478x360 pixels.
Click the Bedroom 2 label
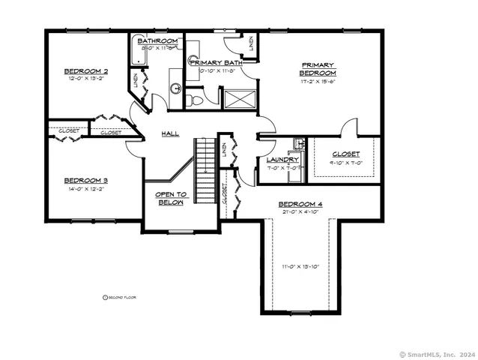pyautogui.click(x=85, y=71)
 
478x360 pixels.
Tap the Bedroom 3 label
pyautogui.click(x=85, y=180)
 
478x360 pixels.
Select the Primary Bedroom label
pyautogui.click(x=318, y=69)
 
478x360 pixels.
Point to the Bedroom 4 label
pyautogui.click(x=300, y=204)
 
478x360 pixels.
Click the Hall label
pyautogui.click(x=170, y=133)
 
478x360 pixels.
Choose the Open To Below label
pyautogui.click(x=170, y=199)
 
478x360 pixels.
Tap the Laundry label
pyautogui.click(x=283, y=160)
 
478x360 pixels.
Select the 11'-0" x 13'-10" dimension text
pyautogui.click(x=300, y=266)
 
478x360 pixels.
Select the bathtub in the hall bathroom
pyautogui.click(x=137, y=61)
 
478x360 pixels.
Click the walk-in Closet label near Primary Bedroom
pyautogui.click(x=345, y=154)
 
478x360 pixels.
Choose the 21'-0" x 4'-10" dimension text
pyautogui.click(x=300, y=212)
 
